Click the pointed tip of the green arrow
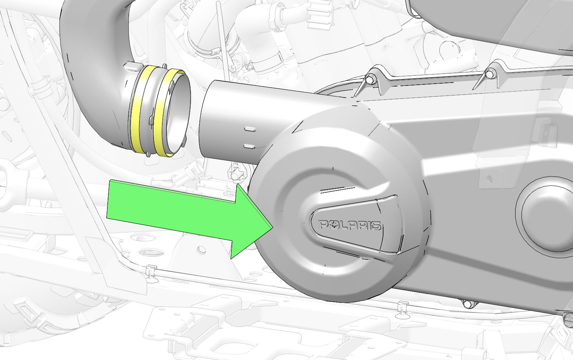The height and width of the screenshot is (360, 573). tap(273, 227)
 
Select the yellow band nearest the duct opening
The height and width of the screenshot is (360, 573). tap(168, 112)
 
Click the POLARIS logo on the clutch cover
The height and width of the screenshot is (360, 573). tap(350, 225)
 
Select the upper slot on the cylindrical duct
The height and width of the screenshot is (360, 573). tap(250, 129)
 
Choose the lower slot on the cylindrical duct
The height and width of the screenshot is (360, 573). tap(250, 146)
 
